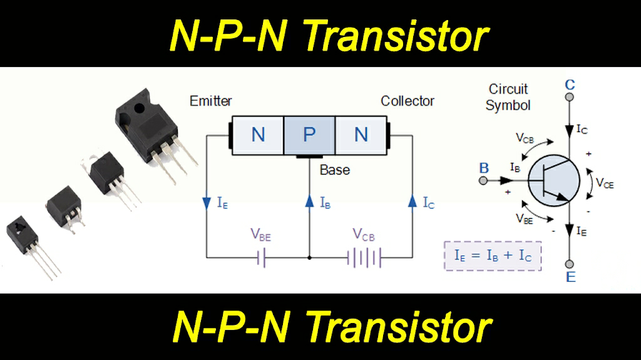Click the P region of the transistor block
[309, 135]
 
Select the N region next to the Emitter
[258, 135]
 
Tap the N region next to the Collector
[361, 135]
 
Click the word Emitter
[211, 101]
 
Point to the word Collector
[408, 101]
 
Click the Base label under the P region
[335, 170]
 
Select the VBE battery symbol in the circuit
[263, 257]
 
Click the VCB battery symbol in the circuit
[365, 257]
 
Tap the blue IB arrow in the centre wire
[310, 202]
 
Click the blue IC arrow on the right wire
[413, 202]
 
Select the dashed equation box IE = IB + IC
[493, 256]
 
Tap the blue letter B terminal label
[484, 168]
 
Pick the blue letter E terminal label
[570, 277]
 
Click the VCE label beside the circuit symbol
[604, 183]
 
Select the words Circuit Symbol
[508, 98]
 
